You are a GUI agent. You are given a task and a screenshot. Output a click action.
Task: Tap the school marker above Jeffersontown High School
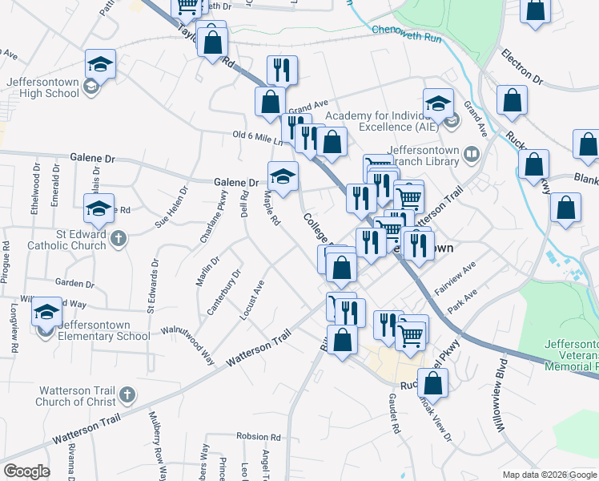click(x=101, y=63)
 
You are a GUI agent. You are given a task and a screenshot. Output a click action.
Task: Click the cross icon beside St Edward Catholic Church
click(x=118, y=238)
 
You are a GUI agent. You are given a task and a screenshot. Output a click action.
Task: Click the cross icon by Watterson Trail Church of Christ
click(x=127, y=394)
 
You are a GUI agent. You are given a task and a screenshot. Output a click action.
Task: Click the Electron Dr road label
click(x=522, y=68)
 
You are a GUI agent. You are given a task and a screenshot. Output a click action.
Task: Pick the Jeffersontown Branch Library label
click(x=424, y=155)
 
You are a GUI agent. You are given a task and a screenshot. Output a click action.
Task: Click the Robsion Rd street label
click(x=258, y=438)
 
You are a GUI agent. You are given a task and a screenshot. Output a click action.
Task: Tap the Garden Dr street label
click(x=74, y=283)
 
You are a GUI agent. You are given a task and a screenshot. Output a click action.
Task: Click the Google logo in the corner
click(x=27, y=472)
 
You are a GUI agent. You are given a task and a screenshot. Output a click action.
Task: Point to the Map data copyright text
click(x=549, y=475)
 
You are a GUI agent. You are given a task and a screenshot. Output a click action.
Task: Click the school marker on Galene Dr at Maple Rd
click(x=282, y=176)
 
